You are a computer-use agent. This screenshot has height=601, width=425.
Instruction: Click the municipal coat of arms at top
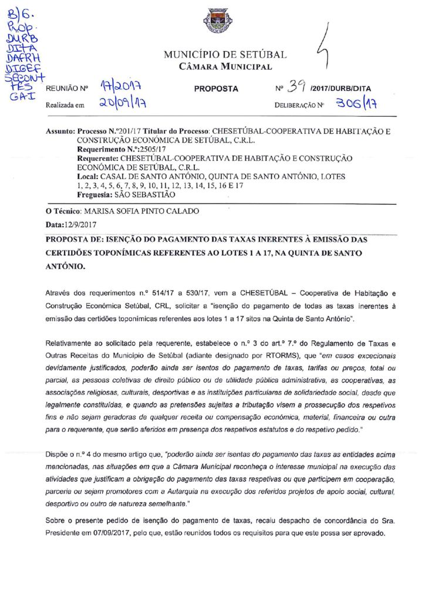[x=217, y=21]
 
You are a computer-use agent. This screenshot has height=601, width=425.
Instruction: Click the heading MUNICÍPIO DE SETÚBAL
[x=225, y=55]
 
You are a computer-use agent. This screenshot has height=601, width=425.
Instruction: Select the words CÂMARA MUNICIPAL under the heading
[x=225, y=66]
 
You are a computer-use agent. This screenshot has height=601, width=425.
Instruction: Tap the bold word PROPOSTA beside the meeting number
[x=216, y=89]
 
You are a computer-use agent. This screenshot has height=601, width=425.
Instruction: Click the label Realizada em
[x=65, y=106]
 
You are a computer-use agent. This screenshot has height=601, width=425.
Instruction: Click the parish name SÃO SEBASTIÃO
[x=144, y=194]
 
